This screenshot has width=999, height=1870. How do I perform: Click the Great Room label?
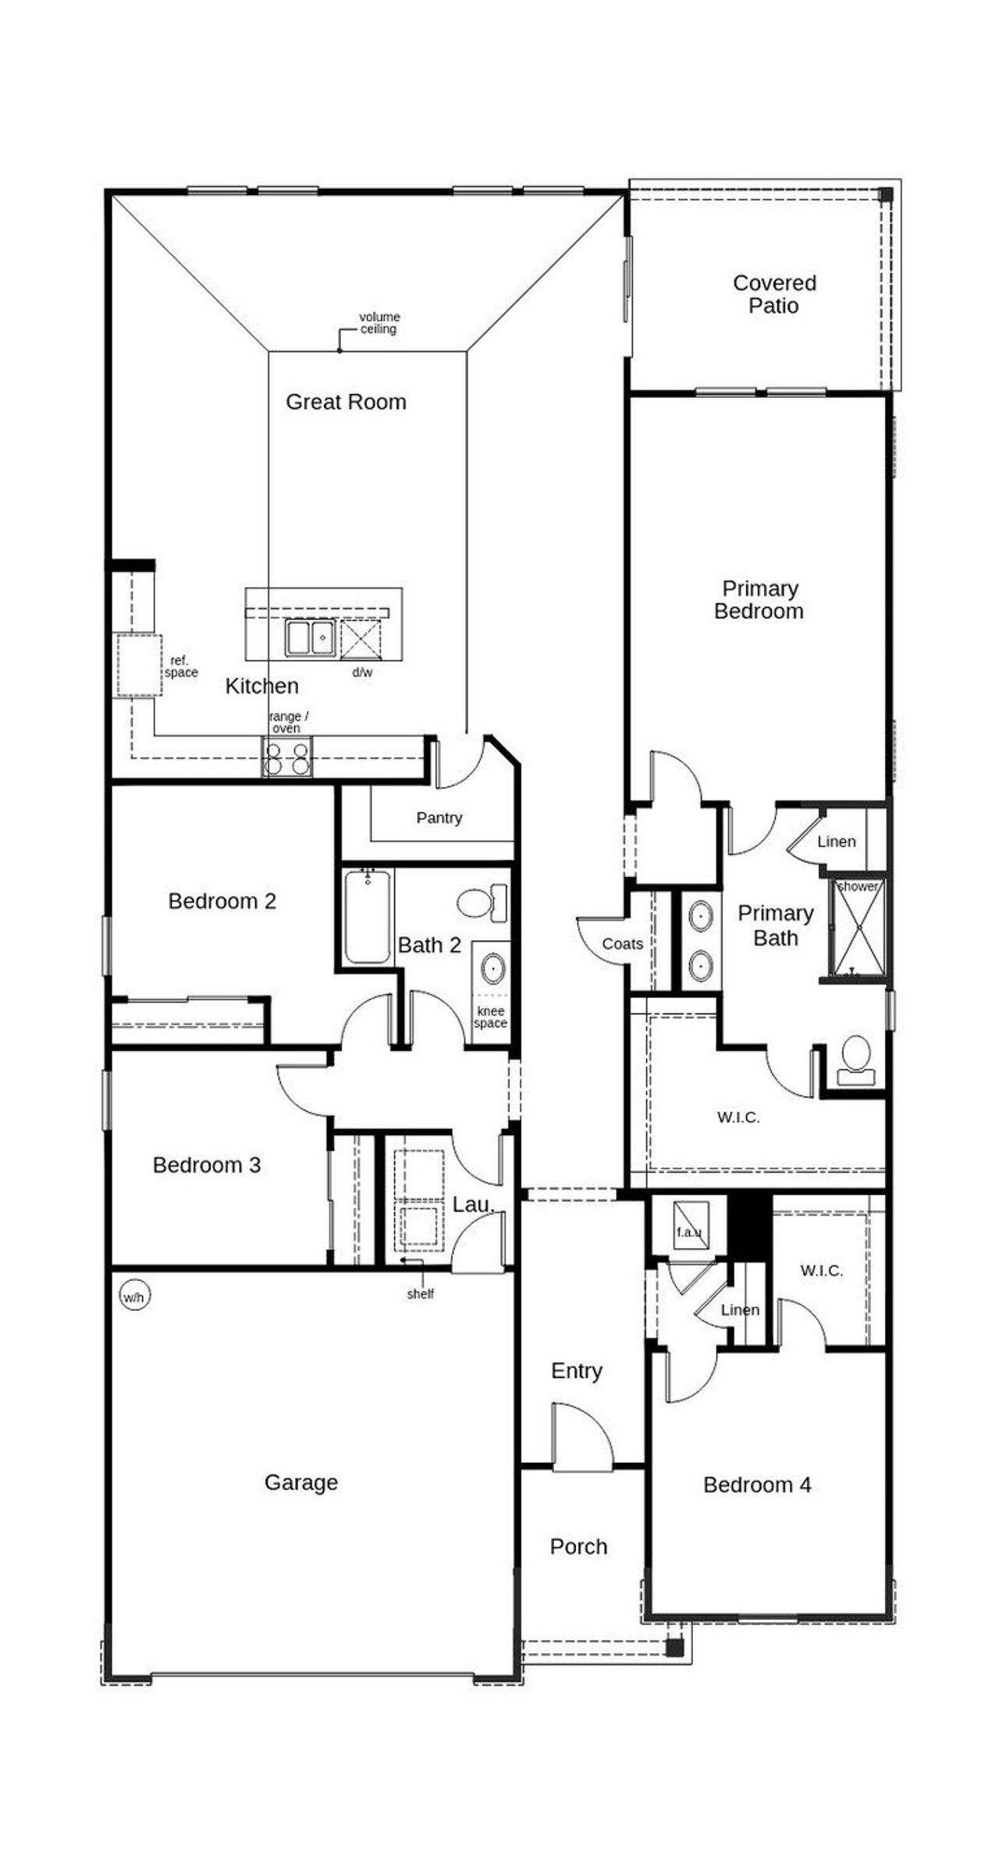346,402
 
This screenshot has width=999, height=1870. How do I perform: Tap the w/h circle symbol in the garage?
133,1297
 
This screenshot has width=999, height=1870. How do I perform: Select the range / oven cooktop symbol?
286,758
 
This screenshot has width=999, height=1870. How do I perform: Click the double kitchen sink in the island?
310,637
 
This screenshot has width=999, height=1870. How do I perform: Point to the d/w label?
362,672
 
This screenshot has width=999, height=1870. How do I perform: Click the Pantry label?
439,818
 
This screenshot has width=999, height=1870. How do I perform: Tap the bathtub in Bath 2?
367,917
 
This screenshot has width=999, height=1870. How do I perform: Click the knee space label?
490,1017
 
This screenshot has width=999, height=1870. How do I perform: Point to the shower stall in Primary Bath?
859,928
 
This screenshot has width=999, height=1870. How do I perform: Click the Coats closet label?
622,944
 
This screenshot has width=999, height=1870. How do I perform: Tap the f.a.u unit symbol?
691,1226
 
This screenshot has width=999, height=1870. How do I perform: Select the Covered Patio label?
774,294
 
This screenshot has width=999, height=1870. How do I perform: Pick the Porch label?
578,1546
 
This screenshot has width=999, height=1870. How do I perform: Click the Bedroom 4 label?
756,1485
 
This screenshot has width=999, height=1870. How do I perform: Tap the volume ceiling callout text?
379,323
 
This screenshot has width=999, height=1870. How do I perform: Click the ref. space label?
180,667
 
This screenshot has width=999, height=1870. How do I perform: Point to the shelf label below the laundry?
420,1294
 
